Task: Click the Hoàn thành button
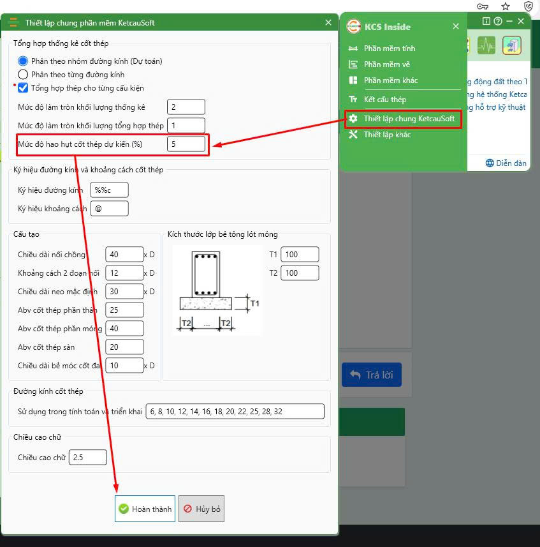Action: pos(145,509)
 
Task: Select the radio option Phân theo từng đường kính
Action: pos(23,74)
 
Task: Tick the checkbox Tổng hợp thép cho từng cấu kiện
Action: pos(23,88)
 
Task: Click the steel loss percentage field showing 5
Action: pos(186,144)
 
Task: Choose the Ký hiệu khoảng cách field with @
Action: pos(110,209)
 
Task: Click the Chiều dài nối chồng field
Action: pos(124,254)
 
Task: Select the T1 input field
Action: pos(300,254)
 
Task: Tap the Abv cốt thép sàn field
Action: pos(124,347)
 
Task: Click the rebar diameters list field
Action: pos(235,411)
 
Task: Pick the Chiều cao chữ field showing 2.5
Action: pos(88,458)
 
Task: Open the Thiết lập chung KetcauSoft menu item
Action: pos(403,119)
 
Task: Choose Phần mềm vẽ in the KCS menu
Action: pos(387,64)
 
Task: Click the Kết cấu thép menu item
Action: pos(385,100)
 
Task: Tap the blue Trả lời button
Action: pos(372,375)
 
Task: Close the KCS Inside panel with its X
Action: pos(456,26)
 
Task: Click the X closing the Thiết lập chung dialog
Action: pos(328,23)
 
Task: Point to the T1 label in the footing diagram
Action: pos(255,304)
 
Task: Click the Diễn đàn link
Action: pos(506,163)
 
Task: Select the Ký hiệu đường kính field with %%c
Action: pos(110,190)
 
